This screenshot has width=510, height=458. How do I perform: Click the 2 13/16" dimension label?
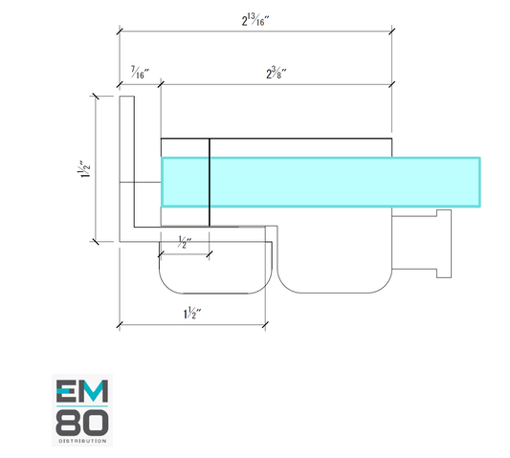255,20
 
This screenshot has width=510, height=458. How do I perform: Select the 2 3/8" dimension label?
277,73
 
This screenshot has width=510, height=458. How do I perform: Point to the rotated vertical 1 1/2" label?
83,169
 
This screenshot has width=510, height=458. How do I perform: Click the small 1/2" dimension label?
185,243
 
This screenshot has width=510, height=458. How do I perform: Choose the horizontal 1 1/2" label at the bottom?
192,313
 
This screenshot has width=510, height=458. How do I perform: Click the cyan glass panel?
321,182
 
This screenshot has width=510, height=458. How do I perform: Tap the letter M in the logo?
95,391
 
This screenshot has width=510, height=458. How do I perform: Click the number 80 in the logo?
82,423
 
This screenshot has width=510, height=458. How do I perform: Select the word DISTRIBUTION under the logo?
82,441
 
